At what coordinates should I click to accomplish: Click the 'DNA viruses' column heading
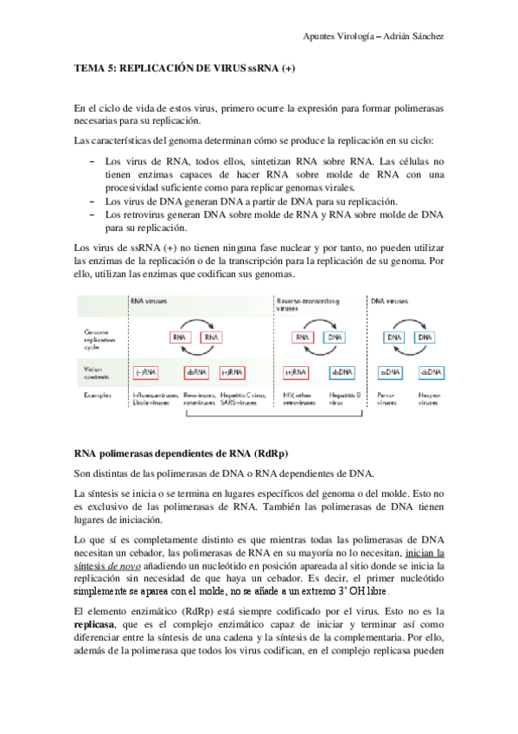click(x=389, y=301)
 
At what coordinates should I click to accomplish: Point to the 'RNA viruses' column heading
click(x=149, y=301)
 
